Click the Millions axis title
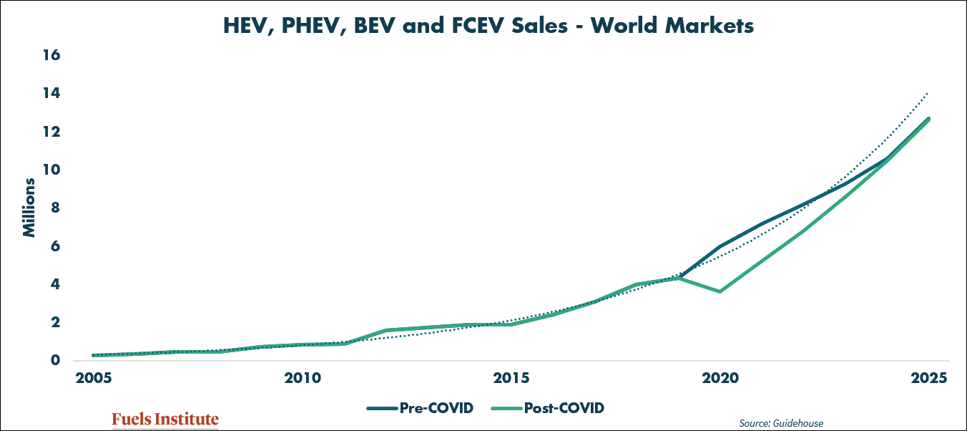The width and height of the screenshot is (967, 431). tap(29, 208)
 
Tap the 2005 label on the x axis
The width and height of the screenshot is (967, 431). tap(94, 378)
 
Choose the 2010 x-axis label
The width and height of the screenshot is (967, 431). tap(303, 378)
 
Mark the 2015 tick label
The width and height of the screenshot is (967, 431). tap(512, 378)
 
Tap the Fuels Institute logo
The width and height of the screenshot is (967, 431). tap(165, 420)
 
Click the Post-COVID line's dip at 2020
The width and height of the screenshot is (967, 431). tap(720, 291)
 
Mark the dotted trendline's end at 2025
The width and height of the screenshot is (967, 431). tap(928, 93)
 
